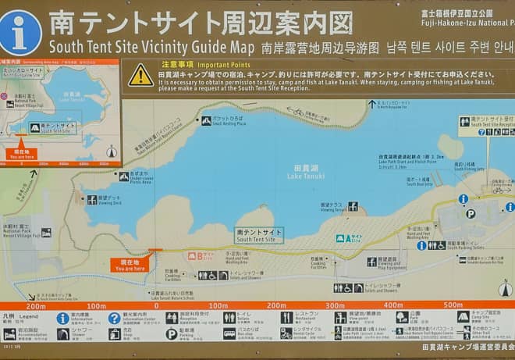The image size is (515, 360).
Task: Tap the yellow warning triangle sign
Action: [140, 75]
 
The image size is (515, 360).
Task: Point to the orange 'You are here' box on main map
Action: [130, 265]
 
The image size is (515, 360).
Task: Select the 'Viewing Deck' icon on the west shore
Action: [92, 200]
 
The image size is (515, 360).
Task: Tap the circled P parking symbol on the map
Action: [471, 213]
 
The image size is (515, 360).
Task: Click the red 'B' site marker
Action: [201, 255]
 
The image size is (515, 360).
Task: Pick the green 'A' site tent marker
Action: [340, 238]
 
